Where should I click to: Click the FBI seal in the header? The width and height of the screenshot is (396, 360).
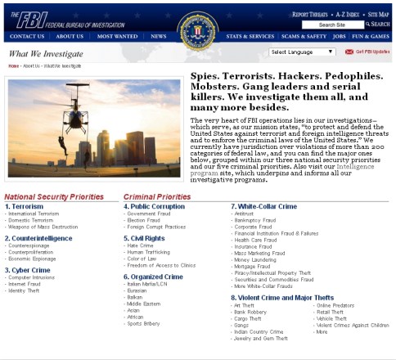pyautogui.click(x=197, y=27)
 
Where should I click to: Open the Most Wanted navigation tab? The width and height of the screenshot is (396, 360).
pyautogui.click(x=117, y=36)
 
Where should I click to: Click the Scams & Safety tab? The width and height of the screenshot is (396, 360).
pyautogui.click(x=301, y=36)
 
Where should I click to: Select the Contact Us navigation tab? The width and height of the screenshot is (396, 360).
pyautogui.click(x=27, y=36)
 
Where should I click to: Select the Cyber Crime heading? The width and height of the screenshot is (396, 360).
pyautogui.click(x=31, y=269)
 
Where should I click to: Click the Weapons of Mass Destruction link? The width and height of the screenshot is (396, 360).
pyautogui.click(x=42, y=226)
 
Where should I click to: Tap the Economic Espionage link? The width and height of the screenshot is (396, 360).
pyautogui.click(x=32, y=258)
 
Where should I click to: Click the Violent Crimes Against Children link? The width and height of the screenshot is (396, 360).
pyautogui.click(x=352, y=325)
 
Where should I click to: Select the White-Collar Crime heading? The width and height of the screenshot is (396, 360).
pyautogui.click(x=263, y=206)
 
